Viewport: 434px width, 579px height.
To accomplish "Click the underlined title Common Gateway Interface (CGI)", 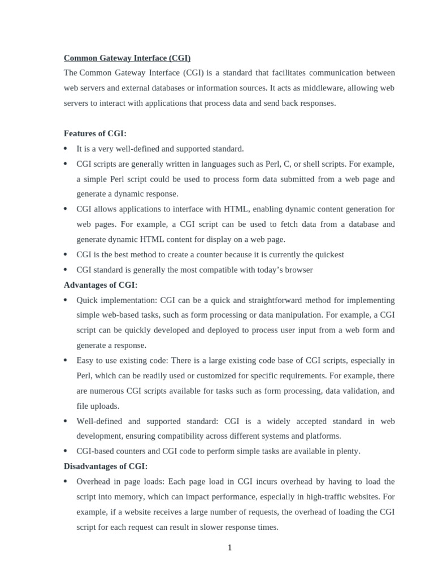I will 127,58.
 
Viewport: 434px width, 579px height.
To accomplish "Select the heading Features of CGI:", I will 95,133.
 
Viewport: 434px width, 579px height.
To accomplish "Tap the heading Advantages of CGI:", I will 101,285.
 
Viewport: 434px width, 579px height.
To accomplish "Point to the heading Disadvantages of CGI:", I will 106,466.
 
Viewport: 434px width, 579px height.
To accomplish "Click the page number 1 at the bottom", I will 230,547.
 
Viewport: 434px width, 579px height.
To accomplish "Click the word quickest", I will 327,254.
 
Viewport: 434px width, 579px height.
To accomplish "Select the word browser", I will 298,270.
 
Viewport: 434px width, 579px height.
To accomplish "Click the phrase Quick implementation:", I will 117,300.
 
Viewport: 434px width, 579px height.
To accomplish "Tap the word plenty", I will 347,451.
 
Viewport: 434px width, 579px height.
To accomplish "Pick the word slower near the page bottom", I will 211,527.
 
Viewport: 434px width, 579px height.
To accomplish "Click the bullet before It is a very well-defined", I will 66,149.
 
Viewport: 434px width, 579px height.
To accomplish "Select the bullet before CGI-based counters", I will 66,451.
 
